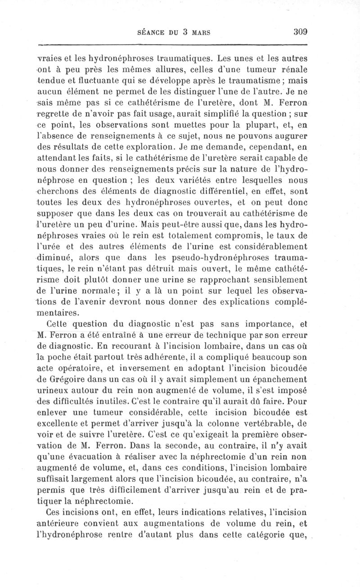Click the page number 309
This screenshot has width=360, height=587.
pyautogui.click(x=299, y=32)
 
